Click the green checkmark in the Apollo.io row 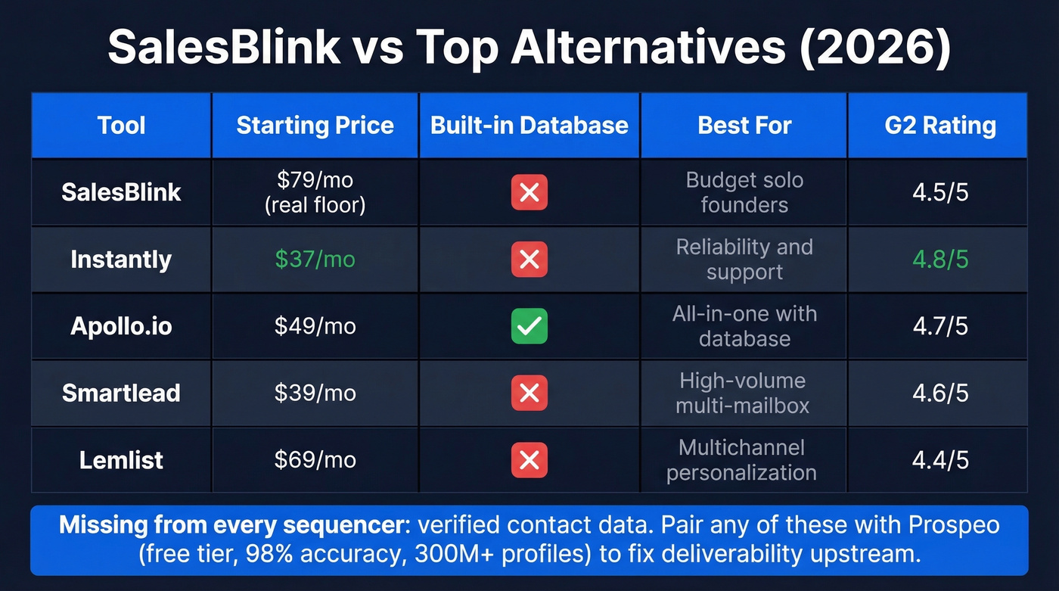coord(529,326)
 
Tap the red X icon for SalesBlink coord(529,192)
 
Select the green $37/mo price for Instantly coord(315,260)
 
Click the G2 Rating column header coord(940,126)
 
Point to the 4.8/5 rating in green coord(940,260)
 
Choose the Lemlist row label coord(121,460)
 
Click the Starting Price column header coord(315,126)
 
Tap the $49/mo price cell coord(315,326)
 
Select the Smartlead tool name coord(121,393)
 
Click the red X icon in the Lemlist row coord(529,460)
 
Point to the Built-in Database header coord(529,126)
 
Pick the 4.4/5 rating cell coord(940,460)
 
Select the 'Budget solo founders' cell coord(744,192)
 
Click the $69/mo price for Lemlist coord(315,460)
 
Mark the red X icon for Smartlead coord(529,393)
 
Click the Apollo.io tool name coord(121,326)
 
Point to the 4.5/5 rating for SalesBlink coord(940,192)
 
